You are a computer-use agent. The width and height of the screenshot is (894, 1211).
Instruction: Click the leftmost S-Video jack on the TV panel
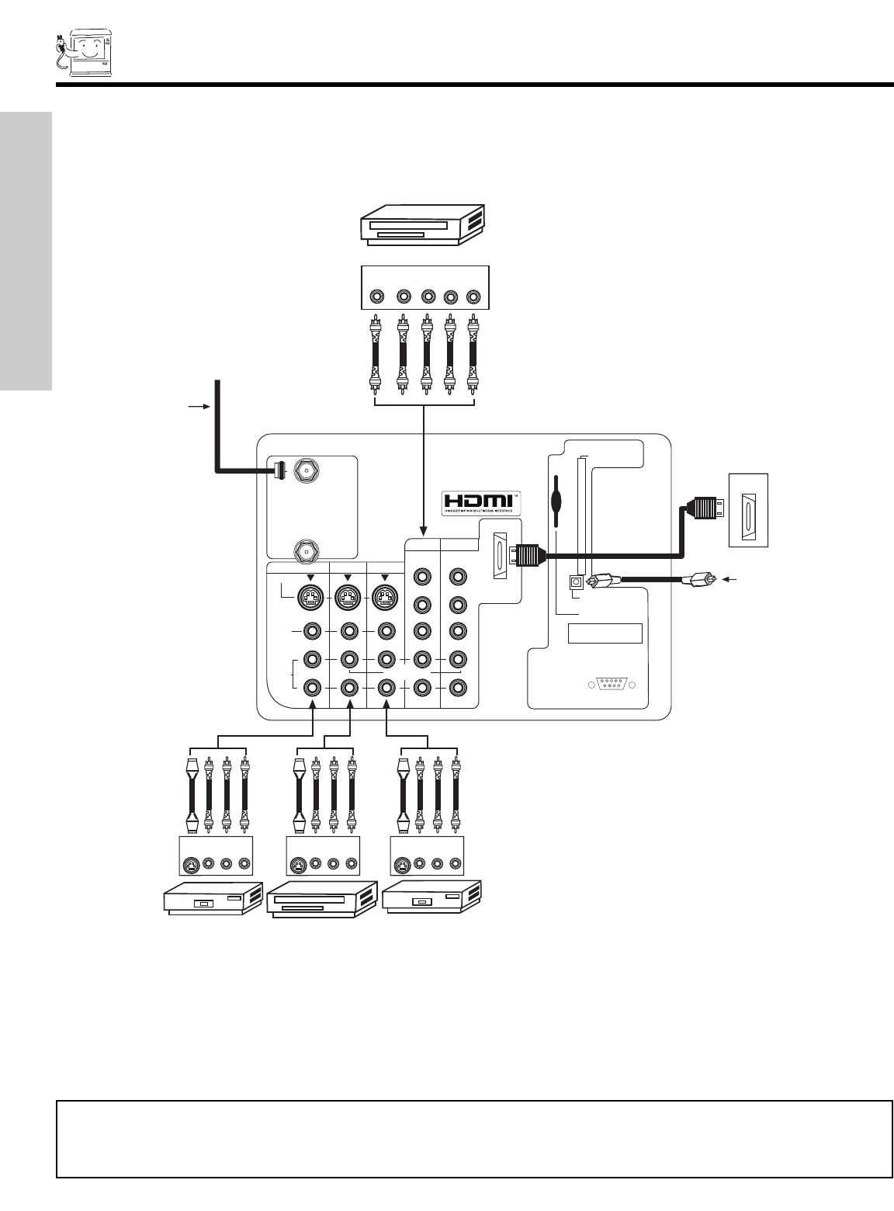(311, 598)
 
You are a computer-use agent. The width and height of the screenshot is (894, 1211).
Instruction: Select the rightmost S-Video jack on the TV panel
(386, 598)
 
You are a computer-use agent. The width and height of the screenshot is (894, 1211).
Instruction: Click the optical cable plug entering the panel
(607, 580)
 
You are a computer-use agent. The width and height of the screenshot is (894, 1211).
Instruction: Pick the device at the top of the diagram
(422, 225)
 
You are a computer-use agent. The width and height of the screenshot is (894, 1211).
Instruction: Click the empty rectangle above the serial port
(605, 633)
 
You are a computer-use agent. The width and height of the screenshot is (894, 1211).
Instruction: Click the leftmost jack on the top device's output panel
(377, 296)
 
